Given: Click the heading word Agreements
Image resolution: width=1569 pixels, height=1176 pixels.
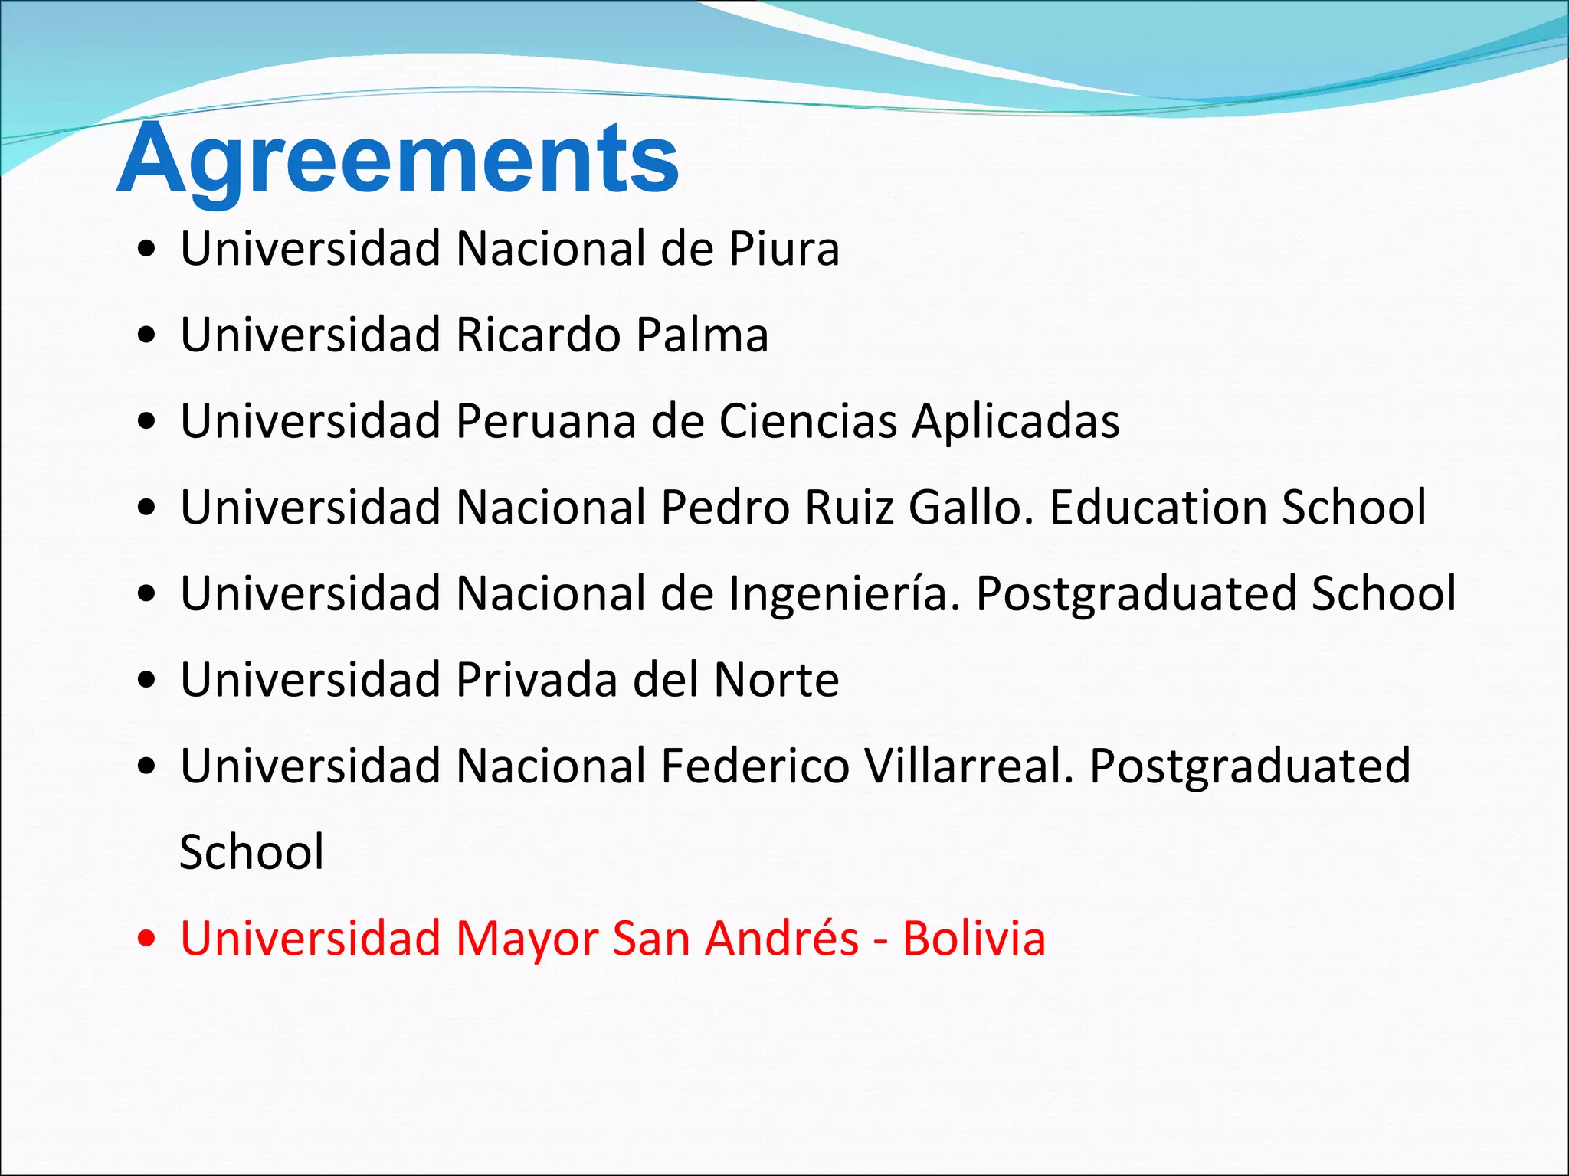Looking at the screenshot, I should tap(398, 160).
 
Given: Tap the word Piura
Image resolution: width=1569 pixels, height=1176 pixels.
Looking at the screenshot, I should tap(784, 249).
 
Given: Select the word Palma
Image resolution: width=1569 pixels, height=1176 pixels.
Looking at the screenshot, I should tap(702, 335).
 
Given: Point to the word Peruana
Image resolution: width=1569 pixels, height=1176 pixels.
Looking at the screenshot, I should tap(545, 422).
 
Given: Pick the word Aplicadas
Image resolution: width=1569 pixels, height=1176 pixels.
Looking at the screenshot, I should tap(1015, 422).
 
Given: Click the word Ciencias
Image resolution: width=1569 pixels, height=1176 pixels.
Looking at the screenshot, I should tap(807, 422).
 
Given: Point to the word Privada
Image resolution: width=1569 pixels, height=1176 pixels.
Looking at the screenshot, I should tap(536, 680).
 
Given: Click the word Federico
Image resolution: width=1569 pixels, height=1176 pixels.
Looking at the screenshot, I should tap(755, 766).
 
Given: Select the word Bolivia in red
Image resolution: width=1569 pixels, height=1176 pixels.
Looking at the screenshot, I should tap(974, 939).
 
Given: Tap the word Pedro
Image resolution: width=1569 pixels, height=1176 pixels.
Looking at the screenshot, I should tap(725, 508).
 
